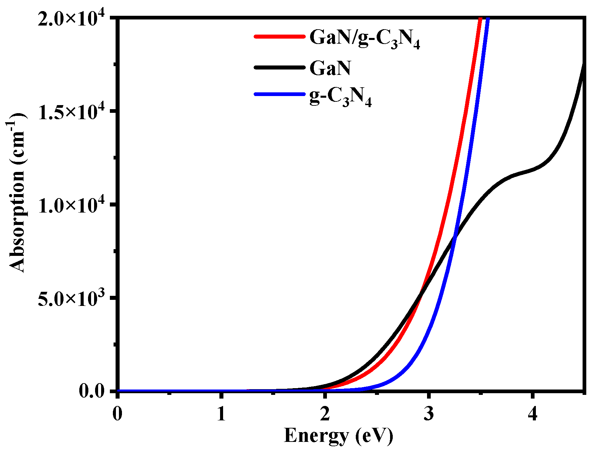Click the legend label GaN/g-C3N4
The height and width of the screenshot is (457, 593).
click(x=365, y=38)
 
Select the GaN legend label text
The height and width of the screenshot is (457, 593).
click(x=330, y=68)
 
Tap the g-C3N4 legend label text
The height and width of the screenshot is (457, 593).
click(x=340, y=97)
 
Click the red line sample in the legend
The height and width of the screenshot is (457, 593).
click(x=279, y=37)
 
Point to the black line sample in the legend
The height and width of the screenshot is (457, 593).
click(x=279, y=67)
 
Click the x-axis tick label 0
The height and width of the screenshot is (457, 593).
click(x=117, y=414)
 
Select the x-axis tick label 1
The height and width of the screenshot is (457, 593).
click(x=221, y=414)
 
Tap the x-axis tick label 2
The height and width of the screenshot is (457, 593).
click(x=325, y=414)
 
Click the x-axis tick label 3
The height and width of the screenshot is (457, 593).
click(x=428, y=414)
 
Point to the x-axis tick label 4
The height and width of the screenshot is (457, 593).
click(x=532, y=414)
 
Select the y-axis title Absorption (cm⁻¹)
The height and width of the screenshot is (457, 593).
click(x=17, y=193)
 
